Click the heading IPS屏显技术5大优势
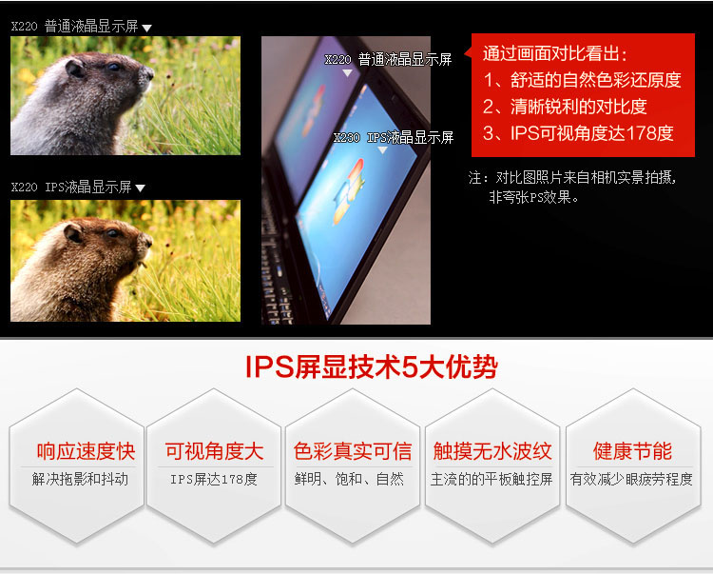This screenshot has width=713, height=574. (x=372, y=366)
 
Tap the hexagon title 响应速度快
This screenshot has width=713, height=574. (x=86, y=451)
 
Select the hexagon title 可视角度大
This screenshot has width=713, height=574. (x=214, y=451)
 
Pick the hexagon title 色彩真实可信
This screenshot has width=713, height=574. (x=353, y=451)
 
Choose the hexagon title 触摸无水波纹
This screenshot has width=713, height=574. (x=492, y=451)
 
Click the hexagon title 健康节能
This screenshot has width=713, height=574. (x=632, y=451)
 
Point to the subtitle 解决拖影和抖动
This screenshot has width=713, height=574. (x=80, y=479)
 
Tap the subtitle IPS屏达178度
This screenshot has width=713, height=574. (x=214, y=479)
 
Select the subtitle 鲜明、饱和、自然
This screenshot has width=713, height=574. (x=349, y=479)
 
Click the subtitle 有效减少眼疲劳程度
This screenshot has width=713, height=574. (x=631, y=479)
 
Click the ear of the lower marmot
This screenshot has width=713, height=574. (x=73, y=232)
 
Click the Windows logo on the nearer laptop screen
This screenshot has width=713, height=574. (x=349, y=191)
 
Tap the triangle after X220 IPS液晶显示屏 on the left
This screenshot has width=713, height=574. (x=140, y=188)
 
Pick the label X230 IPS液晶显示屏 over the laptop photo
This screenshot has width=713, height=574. (x=394, y=137)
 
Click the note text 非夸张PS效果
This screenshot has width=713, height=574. (x=530, y=197)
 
